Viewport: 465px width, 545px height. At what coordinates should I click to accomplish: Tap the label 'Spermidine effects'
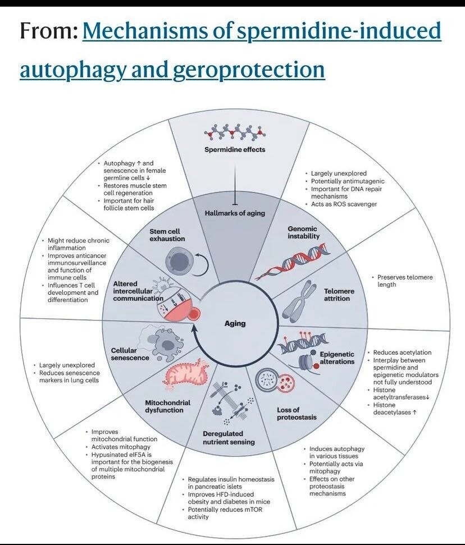click(x=234, y=149)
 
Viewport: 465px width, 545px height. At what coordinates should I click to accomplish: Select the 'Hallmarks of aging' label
click(x=234, y=213)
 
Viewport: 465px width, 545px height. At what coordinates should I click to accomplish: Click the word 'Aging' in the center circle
click(x=235, y=323)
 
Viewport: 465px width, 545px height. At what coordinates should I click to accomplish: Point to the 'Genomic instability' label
click(x=303, y=232)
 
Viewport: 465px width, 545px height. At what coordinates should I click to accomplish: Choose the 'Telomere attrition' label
click(x=337, y=295)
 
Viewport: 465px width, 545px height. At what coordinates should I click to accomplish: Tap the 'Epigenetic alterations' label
click(x=337, y=358)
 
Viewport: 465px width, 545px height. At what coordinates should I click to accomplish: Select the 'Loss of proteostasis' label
click(x=297, y=413)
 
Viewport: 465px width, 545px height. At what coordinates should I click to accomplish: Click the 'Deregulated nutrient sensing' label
click(x=229, y=438)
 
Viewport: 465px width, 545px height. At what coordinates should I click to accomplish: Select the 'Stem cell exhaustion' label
click(x=167, y=235)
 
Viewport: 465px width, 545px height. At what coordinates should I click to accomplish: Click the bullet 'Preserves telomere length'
click(x=404, y=281)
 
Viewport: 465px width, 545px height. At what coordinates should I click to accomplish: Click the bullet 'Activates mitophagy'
click(x=121, y=447)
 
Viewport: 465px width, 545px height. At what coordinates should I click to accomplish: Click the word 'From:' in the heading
click(x=48, y=31)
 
